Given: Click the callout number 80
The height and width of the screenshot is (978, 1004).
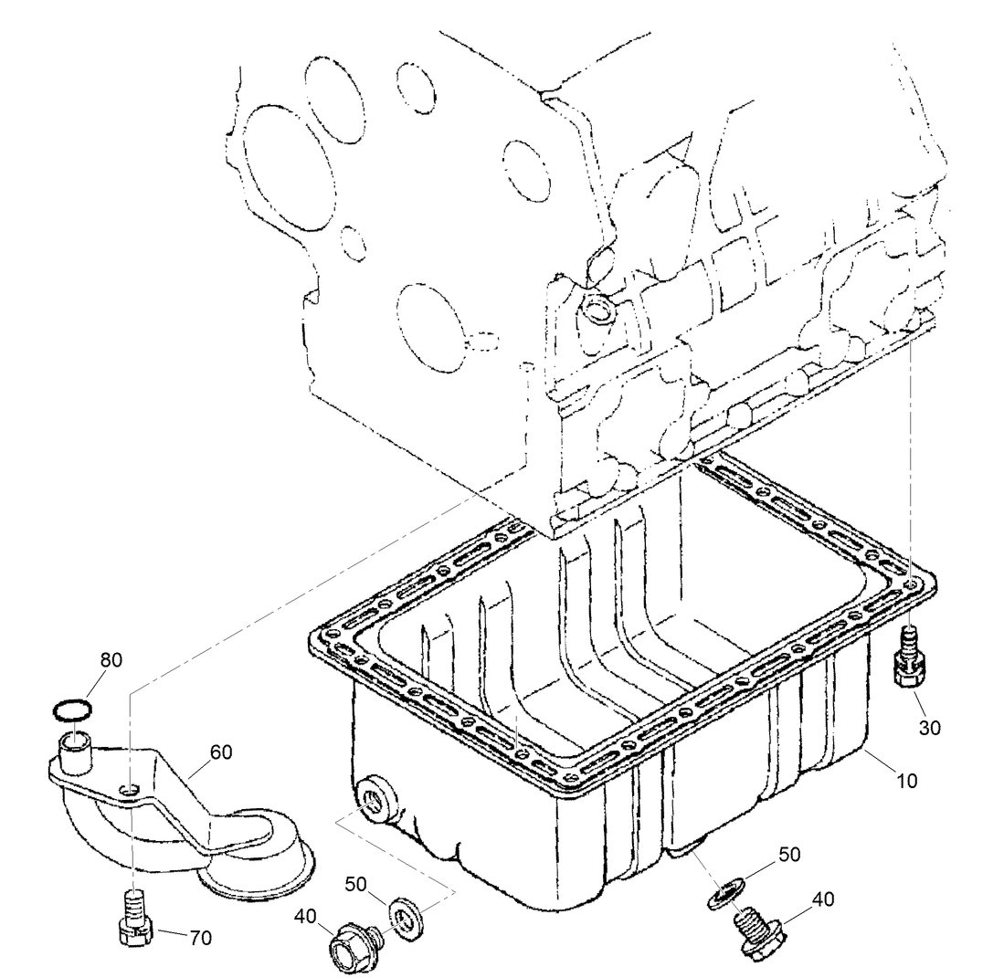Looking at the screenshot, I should [x=111, y=659].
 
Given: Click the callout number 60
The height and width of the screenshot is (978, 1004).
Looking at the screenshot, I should [x=221, y=752].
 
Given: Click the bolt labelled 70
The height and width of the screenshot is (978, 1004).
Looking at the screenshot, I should [x=133, y=919].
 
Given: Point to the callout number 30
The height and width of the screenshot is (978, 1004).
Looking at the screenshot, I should [x=929, y=728].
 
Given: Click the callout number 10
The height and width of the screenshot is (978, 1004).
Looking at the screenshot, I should [x=907, y=782].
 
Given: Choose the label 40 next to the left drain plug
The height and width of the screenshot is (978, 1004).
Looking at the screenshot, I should [x=306, y=915].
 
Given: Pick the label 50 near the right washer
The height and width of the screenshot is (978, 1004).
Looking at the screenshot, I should [x=790, y=855].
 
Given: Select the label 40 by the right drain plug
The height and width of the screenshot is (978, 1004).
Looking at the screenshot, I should [x=822, y=899].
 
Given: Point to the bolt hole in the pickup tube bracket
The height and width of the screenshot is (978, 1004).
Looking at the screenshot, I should [x=131, y=788].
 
